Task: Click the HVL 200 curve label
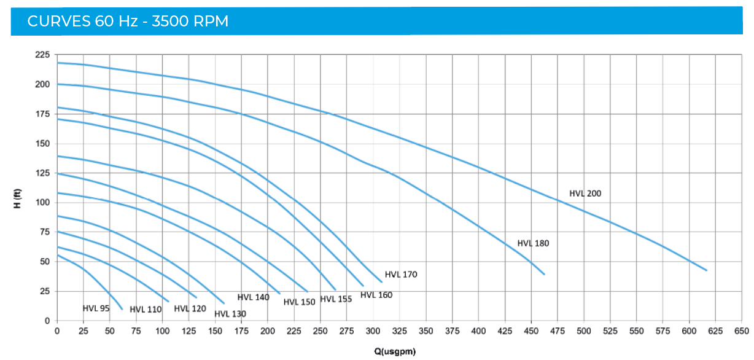585,194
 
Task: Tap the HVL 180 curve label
533,243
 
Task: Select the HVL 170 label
401,275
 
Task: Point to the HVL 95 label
96,308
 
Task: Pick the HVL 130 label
230,314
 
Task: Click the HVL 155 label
336,299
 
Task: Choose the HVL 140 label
253,297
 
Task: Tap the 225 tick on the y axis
42,55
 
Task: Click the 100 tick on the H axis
42,203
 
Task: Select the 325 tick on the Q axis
399,331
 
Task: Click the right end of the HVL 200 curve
707,270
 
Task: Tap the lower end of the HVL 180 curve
544,274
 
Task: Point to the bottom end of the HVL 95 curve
122,309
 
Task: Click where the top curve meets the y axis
58,63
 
